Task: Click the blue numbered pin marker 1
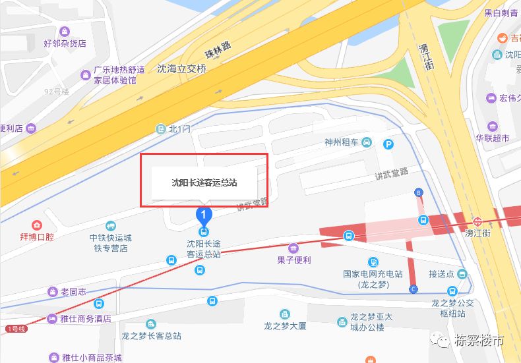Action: coord(204,215)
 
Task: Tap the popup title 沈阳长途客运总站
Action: coord(204,182)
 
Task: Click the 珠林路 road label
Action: coord(218,51)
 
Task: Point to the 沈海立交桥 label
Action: coord(182,69)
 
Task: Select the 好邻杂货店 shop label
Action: coord(65,43)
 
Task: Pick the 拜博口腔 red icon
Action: coord(37,225)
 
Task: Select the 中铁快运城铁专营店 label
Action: coord(111,242)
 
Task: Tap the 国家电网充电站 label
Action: coord(372,278)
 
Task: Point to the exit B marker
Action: coord(418,192)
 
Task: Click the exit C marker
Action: coord(414,289)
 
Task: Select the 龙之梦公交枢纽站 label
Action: coord(452,307)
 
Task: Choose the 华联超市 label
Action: coord(493,139)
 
